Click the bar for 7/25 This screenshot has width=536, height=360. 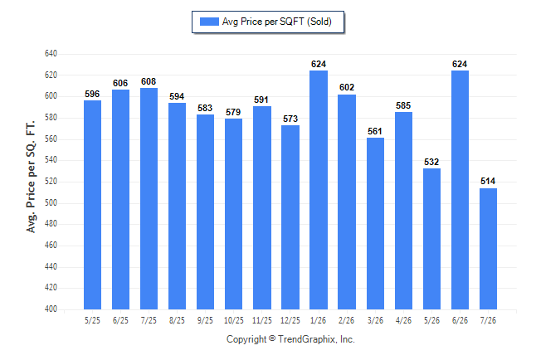pyautogui.click(x=149, y=198)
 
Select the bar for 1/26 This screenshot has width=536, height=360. pyautogui.click(x=319, y=190)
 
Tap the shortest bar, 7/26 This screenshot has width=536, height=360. pyautogui.click(x=488, y=249)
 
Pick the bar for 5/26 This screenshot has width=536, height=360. pyautogui.click(x=431, y=239)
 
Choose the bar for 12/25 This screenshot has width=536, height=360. pyautogui.click(x=290, y=217)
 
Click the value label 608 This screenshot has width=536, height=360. pyautogui.click(x=149, y=81)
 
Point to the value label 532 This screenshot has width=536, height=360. pyautogui.click(x=431, y=162)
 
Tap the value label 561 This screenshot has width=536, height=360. pyautogui.click(x=375, y=131)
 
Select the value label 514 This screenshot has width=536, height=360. pyautogui.click(x=488, y=181)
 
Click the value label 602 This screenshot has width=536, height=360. pyautogui.click(x=347, y=88)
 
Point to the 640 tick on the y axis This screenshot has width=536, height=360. pyautogui.click(x=51, y=54)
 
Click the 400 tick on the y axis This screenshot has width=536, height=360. pyautogui.click(x=51, y=309)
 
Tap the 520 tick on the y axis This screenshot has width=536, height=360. pyautogui.click(x=51, y=181)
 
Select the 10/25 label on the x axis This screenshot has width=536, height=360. pyautogui.click(x=234, y=321)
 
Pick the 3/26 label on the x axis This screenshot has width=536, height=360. pyautogui.click(x=375, y=321)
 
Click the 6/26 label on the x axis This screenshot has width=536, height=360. pyautogui.click(x=460, y=321)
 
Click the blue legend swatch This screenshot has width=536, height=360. pyautogui.click(x=209, y=22)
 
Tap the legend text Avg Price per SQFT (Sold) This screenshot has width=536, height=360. pyautogui.click(x=277, y=22)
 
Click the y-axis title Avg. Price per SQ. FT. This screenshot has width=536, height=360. pyautogui.click(x=31, y=177)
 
